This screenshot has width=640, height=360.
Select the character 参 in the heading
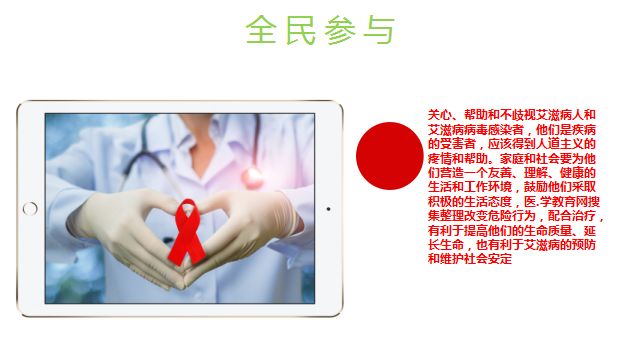(340, 30)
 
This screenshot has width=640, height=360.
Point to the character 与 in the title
(379, 30)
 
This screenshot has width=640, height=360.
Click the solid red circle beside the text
(387, 155)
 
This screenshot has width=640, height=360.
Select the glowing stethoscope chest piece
(251, 178)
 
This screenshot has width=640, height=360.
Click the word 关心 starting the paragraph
(440, 115)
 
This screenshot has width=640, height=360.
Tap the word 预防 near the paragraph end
(575, 245)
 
